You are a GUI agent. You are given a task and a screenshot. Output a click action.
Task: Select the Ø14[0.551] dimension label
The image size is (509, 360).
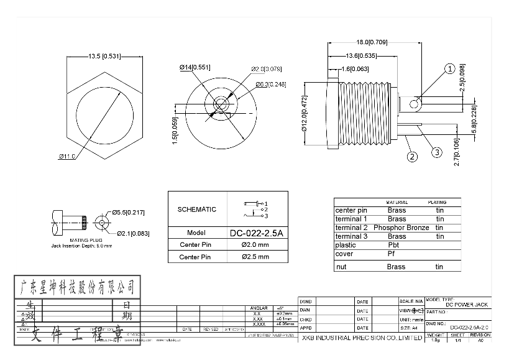point(195,67)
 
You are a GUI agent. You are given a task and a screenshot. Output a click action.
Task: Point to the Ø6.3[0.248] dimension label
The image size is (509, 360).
point(270,85)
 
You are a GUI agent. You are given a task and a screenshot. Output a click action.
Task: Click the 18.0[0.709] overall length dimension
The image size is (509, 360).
point(372,42)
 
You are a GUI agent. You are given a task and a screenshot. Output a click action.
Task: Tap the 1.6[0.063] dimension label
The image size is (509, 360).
point(355,69)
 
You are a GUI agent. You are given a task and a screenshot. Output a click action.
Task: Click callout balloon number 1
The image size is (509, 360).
point(449,69)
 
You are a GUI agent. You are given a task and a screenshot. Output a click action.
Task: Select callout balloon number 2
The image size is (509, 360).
point(412,157)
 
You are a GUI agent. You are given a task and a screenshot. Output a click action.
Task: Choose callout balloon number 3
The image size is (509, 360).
point(437,152)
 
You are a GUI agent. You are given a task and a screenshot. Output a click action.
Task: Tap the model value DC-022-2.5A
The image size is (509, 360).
point(256,233)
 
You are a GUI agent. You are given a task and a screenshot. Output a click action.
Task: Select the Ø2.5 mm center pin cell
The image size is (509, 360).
point(255,257)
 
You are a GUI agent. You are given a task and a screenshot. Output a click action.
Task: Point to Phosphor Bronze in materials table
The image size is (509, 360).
point(401,228)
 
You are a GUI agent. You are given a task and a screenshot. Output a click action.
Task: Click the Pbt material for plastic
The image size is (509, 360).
point(393,245)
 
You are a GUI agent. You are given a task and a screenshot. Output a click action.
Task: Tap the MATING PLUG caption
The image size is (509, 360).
point(81,239)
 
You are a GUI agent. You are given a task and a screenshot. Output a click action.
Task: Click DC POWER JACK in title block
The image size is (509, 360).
point(467,305)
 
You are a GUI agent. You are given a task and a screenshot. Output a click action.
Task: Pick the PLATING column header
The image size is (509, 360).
point(437,203)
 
